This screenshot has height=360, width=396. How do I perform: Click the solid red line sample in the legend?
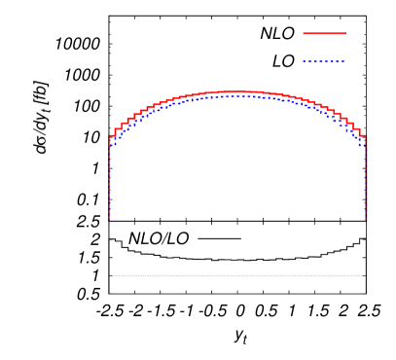324,33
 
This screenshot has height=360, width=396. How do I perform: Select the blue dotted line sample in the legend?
324,62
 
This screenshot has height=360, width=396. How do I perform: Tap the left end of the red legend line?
304,33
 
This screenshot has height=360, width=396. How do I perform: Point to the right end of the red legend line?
345,33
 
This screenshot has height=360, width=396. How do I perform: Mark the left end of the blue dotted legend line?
304,62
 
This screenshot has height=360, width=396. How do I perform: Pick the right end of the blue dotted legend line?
344,62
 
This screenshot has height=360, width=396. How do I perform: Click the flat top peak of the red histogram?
237,91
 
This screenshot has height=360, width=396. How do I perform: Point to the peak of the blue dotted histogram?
237,96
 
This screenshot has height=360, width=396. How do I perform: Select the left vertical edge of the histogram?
109,180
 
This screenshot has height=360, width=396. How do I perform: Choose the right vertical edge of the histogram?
366,180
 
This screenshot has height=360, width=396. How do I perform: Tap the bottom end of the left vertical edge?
109,221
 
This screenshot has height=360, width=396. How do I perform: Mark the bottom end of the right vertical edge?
366,221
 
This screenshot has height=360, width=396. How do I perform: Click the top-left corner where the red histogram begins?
109,136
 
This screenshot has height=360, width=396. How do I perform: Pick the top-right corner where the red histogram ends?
366,136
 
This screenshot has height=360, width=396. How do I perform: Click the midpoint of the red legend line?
324,33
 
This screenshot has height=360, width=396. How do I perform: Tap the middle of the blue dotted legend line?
324,62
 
